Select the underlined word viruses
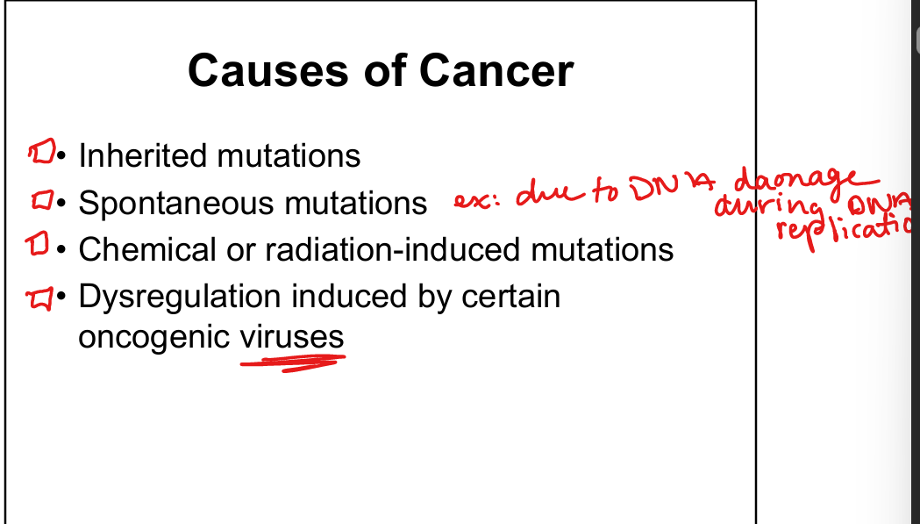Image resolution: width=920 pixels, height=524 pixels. (292, 338)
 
